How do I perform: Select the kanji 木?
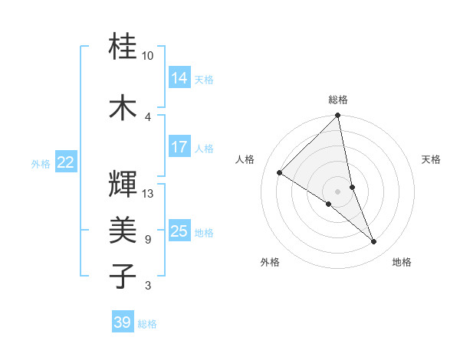pos(123,108)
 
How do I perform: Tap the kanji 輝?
pos(123,184)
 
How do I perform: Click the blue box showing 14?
pos(179,77)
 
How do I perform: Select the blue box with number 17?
pos(179,147)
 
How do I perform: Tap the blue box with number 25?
pos(179,231)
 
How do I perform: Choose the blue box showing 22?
pos(66,162)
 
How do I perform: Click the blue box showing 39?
pos(123,322)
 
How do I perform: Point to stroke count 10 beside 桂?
pos(147,56)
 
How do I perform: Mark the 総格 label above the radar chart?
pos(338,100)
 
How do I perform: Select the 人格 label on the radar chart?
pos(245,159)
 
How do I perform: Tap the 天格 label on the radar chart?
pos(432,159)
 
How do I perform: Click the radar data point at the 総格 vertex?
pos(338,116)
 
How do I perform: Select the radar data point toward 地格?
pos(374,242)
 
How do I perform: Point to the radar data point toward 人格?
pos(280,172)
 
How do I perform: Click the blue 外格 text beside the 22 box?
pos(41,163)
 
